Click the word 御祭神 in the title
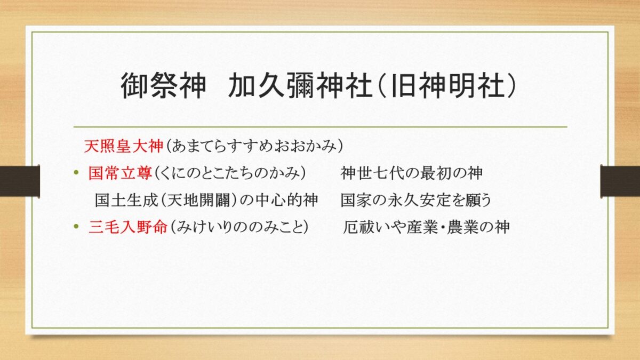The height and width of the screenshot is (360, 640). [163, 85]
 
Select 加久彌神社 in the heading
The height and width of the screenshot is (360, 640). [300, 85]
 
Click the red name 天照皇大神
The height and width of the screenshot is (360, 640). [123, 146]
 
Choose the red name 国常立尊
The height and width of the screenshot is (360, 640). [121, 173]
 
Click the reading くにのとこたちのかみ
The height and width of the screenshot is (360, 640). [230, 173]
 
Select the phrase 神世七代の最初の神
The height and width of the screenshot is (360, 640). [411, 173]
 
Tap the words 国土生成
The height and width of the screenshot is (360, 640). [126, 200]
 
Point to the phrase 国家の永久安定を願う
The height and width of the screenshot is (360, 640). [416, 200]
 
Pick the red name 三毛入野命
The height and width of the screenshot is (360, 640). [128, 227]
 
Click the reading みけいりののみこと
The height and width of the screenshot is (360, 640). [239, 227]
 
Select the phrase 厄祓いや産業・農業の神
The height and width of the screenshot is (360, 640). [426, 227]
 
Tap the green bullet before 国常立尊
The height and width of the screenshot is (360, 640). [76, 172]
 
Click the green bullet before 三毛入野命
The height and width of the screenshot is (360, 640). [76, 227]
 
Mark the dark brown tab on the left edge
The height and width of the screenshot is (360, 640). [20, 181]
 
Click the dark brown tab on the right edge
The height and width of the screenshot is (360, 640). [620, 181]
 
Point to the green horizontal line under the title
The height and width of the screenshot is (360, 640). [321, 126]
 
